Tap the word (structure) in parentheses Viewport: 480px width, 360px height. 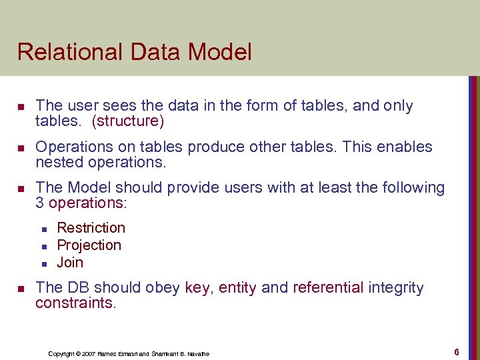(x=128, y=121)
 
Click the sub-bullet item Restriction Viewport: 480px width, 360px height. (x=91, y=228)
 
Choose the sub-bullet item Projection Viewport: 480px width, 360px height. (x=89, y=245)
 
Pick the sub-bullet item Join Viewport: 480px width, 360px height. (x=70, y=262)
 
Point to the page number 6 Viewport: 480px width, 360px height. (x=457, y=351)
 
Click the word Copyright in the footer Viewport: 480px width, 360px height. (x=63, y=353)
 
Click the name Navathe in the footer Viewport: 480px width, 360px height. (x=197, y=353)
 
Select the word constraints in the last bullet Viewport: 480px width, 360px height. (x=75, y=303)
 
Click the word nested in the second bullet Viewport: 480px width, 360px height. (x=55, y=163)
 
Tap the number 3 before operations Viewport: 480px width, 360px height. (x=40, y=203)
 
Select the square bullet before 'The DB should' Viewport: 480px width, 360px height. (x=21, y=289)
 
